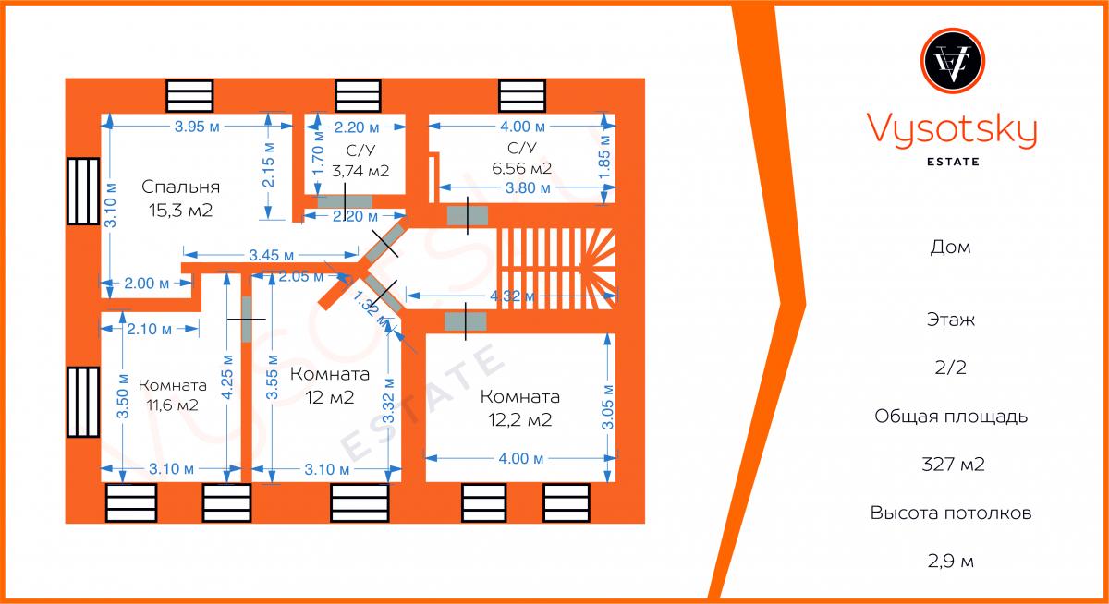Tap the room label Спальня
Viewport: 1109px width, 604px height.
(180, 187)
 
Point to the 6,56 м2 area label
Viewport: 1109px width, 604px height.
(523, 168)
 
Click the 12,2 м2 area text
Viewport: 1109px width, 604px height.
(520, 420)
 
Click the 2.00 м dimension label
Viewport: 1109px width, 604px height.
(146, 284)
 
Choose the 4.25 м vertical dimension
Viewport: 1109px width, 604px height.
(226, 373)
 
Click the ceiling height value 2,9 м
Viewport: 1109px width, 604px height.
(952, 561)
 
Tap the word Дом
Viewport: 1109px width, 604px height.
(952, 248)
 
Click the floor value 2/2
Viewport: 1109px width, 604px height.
(952, 368)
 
